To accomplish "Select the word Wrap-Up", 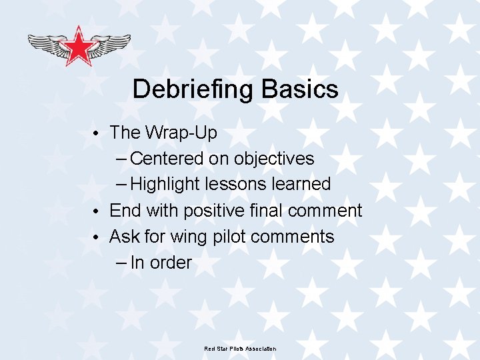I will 181,133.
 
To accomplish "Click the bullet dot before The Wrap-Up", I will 97,133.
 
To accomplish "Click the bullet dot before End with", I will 97,211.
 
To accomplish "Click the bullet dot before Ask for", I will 97,237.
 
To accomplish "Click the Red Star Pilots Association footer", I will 240,349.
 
